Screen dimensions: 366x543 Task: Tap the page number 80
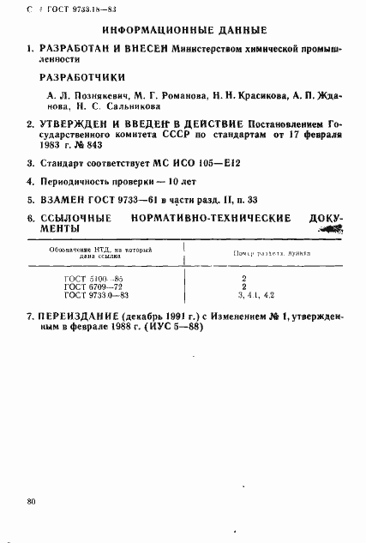[x=32, y=500]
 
